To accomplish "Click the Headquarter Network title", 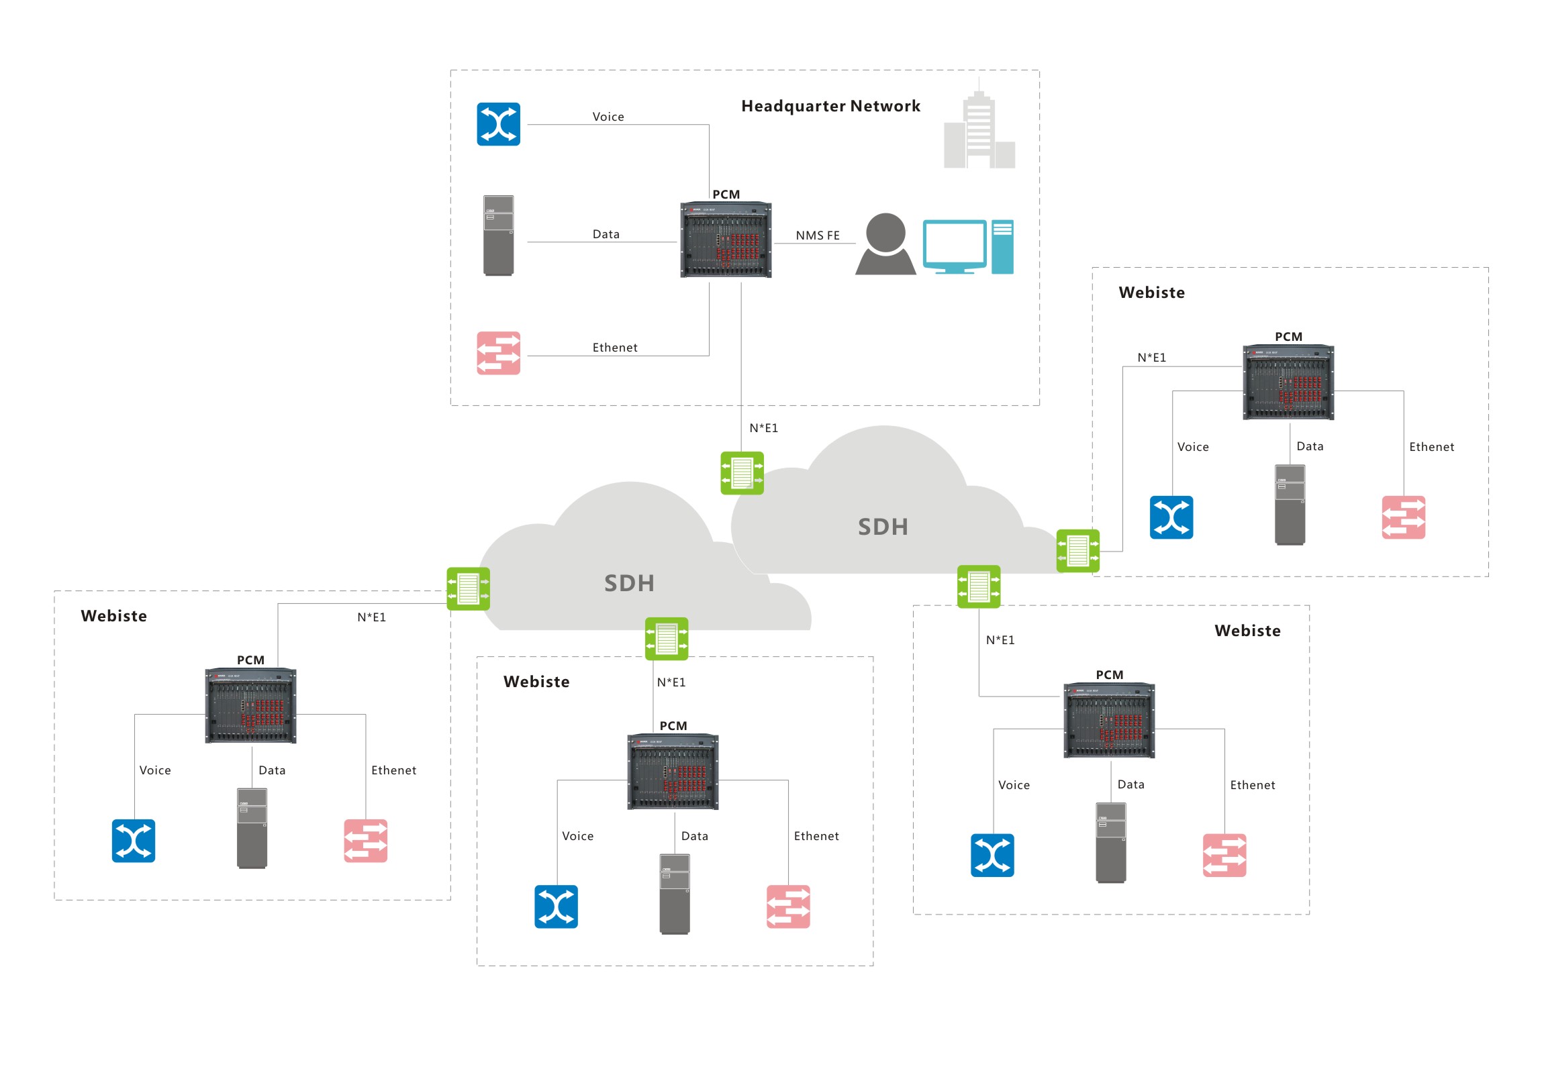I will [x=830, y=106].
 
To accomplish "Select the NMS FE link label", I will [x=818, y=236].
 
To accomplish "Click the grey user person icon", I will [x=885, y=245].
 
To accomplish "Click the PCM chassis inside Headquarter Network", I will [x=725, y=240].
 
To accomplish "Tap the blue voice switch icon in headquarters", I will [x=498, y=124].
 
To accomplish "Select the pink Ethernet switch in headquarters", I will [x=498, y=353].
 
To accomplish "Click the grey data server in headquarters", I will [x=498, y=236].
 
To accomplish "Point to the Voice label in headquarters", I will [x=608, y=117].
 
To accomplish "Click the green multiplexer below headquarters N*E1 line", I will [x=741, y=473].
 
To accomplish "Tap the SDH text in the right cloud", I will [x=883, y=527].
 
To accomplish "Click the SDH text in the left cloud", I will [x=629, y=584].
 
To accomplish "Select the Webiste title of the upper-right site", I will [x=1151, y=293].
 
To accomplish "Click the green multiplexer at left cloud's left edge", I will [x=468, y=589].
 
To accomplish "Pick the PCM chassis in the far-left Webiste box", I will [x=250, y=706].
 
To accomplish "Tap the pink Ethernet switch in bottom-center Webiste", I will [x=788, y=907].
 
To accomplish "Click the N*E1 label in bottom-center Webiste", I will [x=671, y=682].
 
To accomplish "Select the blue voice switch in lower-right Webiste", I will [x=992, y=856].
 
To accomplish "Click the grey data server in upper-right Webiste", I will [x=1290, y=505].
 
